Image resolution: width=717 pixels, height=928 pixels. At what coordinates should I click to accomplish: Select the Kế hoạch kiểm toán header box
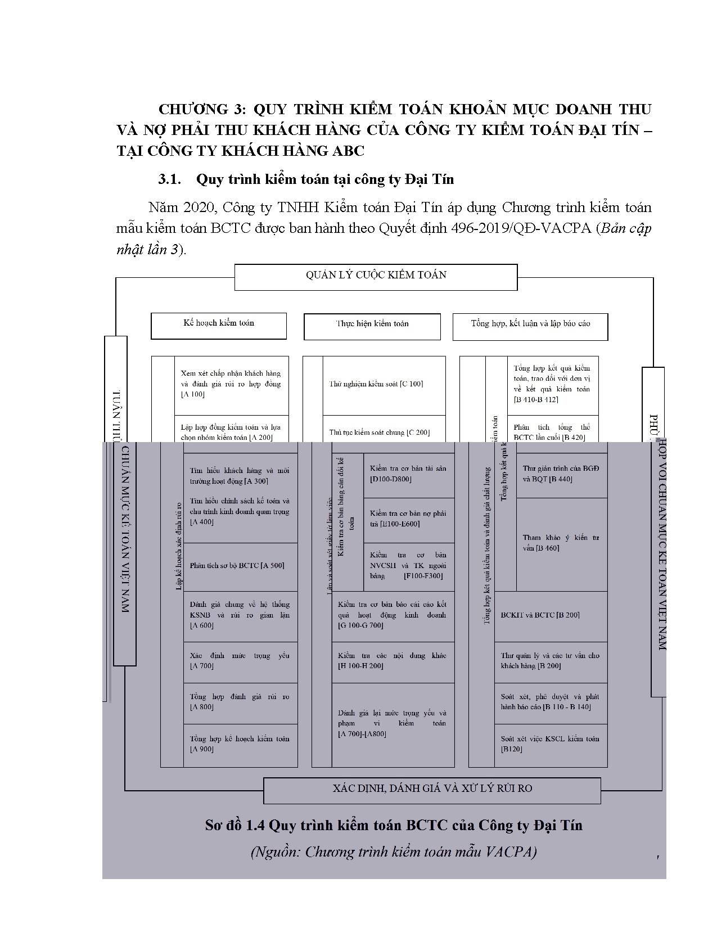point(218,325)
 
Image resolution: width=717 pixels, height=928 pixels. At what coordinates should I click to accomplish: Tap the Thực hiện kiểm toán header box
point(372,326)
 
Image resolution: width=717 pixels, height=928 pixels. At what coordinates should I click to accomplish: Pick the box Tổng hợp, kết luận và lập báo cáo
point(530,326)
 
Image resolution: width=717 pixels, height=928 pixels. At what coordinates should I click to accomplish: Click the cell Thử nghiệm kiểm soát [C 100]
point(384,385)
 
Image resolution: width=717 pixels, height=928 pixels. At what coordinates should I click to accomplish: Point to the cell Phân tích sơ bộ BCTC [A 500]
point(240,566)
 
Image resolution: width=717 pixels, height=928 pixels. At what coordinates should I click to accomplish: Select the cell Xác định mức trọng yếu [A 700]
point(240,661)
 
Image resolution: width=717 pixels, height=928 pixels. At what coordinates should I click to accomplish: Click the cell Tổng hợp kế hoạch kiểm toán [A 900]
point(240,744)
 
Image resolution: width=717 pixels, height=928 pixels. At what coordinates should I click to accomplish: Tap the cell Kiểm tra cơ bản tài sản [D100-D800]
point(408,474)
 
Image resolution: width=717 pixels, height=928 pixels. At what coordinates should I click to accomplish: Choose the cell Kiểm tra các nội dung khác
point(392,661)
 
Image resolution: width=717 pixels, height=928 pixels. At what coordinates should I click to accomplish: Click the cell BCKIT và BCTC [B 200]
point(550,616)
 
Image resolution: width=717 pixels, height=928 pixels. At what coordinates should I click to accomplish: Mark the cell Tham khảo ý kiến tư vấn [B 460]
point(561,543)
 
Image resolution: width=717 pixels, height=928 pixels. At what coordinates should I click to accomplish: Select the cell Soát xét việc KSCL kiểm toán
point(550,744)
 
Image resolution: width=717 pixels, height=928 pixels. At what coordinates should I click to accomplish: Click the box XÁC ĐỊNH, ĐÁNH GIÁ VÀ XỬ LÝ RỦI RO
point(431,789)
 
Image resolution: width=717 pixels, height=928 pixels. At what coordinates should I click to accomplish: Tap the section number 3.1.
point(169,180)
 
